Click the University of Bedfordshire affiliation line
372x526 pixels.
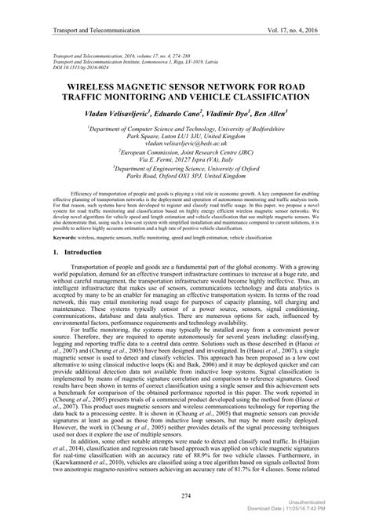point(186,127)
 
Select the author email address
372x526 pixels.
point(185,144)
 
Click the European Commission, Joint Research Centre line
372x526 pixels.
point(186,154)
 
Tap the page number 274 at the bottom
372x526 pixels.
point(186,496)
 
